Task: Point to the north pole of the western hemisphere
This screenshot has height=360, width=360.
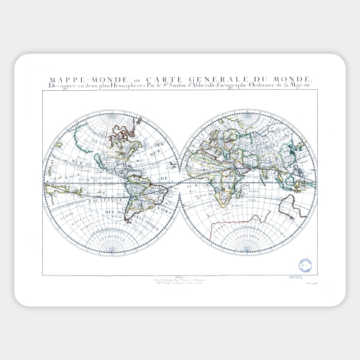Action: [x=111, y=114]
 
